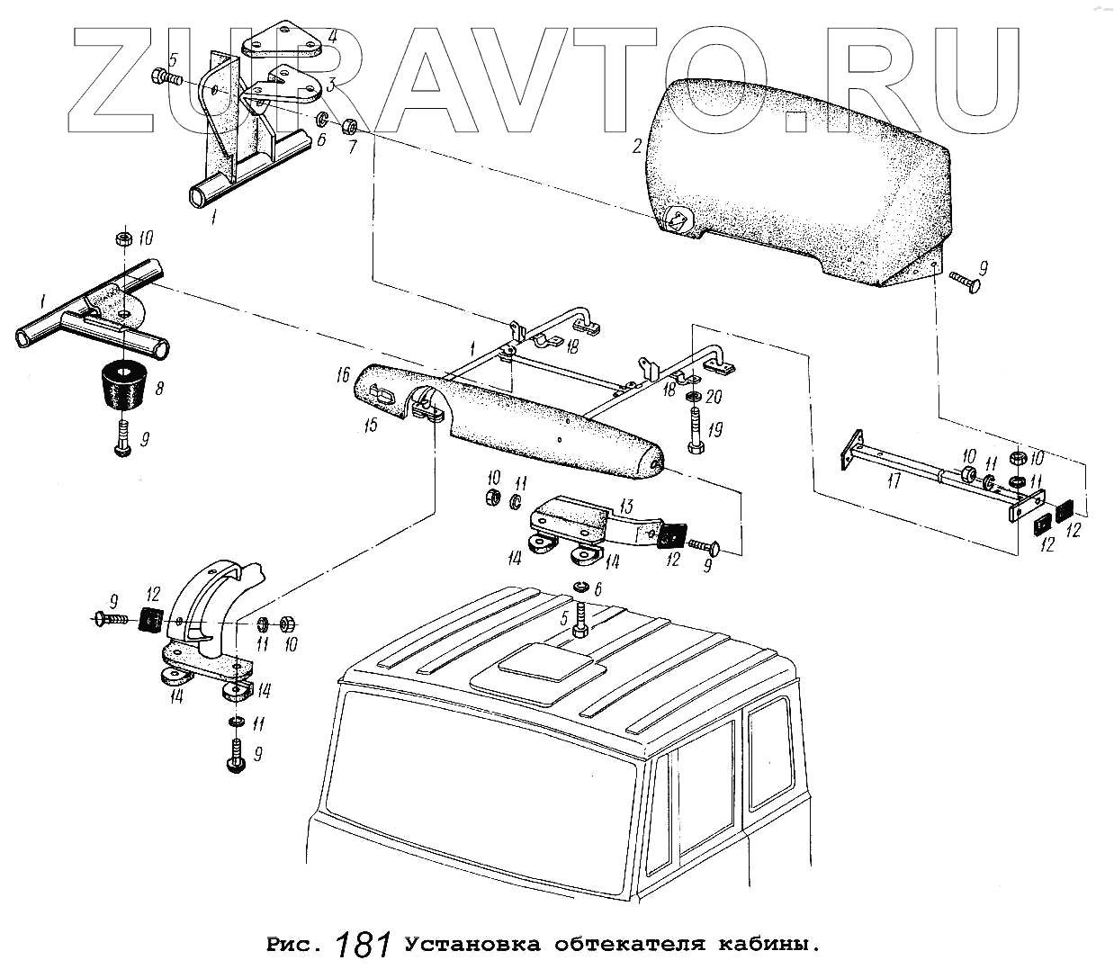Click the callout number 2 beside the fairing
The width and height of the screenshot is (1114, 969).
[637, 146]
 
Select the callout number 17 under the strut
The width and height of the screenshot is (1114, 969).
[893, 481]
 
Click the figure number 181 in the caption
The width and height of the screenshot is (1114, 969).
[364, 944]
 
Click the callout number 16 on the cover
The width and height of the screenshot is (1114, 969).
[343, 375]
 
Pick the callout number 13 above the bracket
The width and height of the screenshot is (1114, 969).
[626, 506]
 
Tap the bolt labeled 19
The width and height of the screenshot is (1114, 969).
[696, 433]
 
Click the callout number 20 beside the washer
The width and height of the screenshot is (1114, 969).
[714, 397]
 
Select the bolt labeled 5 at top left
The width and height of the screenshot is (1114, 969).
[166, 76]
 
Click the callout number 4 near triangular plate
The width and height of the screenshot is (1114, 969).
[332, 37]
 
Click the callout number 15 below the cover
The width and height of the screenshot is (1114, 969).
[371, 424]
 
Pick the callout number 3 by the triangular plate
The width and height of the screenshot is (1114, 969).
[330, 85]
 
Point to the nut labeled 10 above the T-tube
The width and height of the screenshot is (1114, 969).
[122, 239]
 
